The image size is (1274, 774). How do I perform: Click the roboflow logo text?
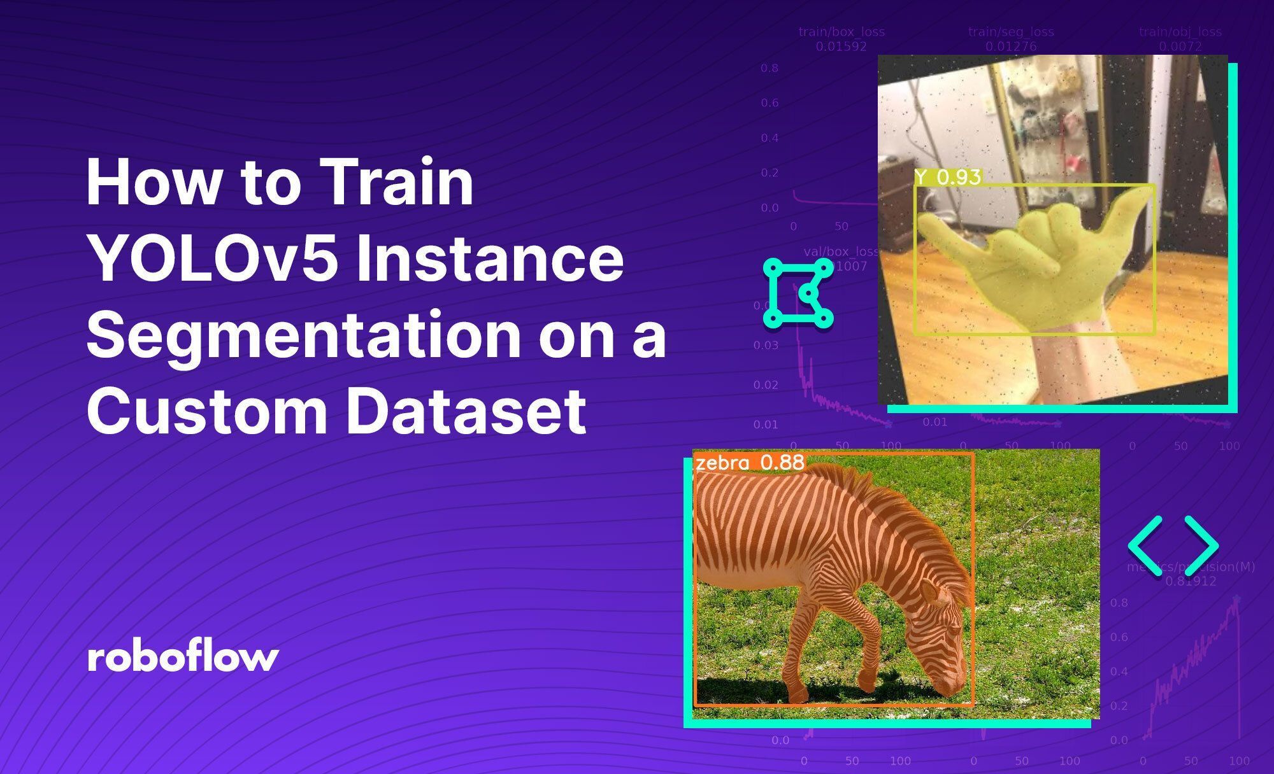[183, 658]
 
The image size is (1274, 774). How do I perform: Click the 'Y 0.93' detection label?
[948, 178]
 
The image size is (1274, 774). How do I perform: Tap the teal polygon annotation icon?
[798, 293]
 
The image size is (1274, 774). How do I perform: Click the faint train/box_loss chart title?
[841, 32]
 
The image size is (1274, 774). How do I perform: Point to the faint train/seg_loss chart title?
[1011, 32]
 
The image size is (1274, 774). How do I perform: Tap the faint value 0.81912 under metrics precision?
[1189, 581]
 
